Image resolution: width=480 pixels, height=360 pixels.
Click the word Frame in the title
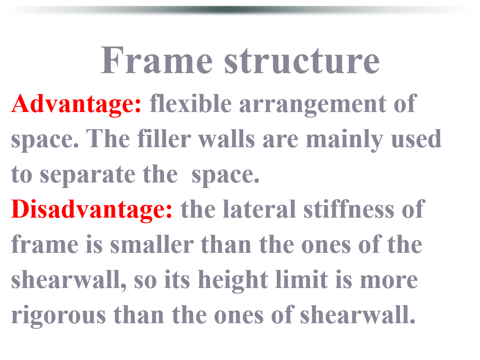pyautogui.click(x=156, y=60)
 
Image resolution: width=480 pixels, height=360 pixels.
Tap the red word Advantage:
pyautogui.click(x=76, y=104)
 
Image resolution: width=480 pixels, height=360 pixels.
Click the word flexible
pyautogui.click(x=190, y=103)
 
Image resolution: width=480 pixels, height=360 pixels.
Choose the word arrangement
pyautogui.click(x=313, y=104)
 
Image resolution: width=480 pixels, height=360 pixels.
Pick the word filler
pyautogui.click(x=164, y=138)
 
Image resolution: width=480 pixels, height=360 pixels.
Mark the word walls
pyautogui.click(x=226, y=138)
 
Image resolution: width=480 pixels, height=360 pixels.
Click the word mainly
pyautogui.click(x=344, y=140)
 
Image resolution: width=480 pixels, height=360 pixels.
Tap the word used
pyautogui.click(x=416, y=138)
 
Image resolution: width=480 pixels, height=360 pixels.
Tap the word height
pyautogui.click(x=233, y=281)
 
